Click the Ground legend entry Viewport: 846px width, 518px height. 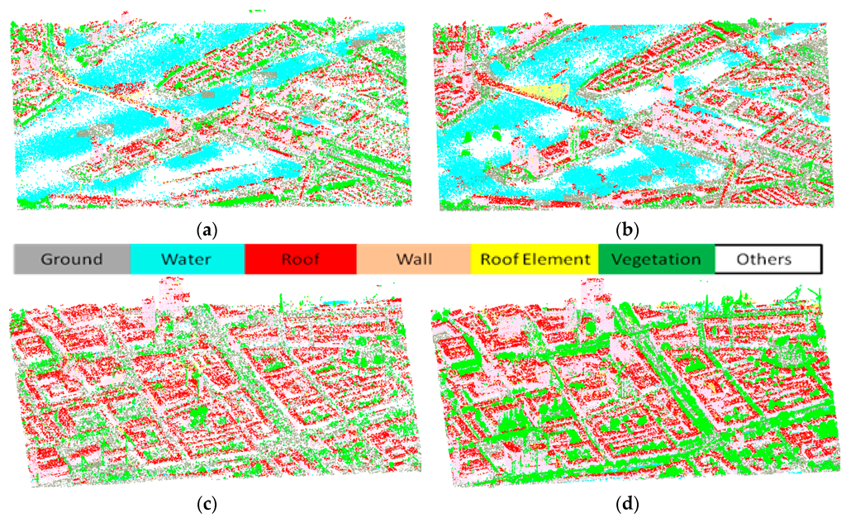[x=72, y=259]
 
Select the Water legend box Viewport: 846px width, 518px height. [x=187, y=259]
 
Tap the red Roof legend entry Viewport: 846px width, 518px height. [x=301, y=259]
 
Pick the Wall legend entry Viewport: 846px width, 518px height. [x=413, y=259]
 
